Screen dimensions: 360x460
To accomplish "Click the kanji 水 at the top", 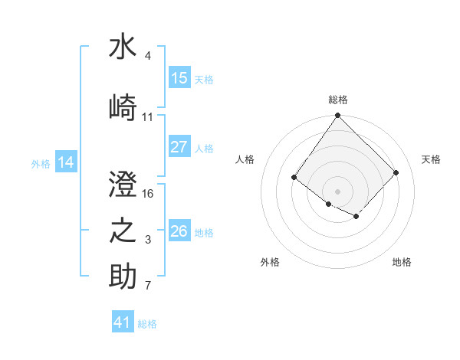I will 123,47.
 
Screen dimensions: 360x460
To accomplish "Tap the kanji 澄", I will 123,185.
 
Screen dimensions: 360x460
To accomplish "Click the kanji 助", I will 123,277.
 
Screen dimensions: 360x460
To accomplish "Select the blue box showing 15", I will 179,78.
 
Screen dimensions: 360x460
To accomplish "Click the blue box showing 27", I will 179,147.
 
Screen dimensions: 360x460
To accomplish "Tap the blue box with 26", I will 179,231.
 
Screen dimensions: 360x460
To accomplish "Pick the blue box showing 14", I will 66,162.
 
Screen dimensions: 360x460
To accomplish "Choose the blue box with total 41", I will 123,322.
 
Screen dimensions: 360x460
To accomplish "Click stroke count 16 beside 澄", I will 149,193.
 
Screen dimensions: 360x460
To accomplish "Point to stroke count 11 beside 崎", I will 148,117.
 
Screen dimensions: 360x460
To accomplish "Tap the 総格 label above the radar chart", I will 338,100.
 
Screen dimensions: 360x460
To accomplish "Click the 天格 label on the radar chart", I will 431,159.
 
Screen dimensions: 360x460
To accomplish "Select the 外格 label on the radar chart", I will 270,262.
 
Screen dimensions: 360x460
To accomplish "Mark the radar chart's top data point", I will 337,116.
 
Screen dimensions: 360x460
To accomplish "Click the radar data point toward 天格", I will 396,172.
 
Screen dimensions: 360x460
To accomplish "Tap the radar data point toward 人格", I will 294,178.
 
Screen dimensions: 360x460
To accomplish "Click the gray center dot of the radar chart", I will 337,191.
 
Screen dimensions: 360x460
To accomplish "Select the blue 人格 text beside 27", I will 204,148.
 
